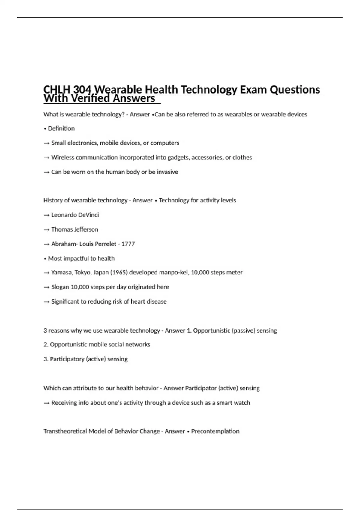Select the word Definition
[x=61, y=128]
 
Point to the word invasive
[x=167, y=172]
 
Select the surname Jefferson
[x=86, y=229]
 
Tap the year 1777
[x=128, y=244]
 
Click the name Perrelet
[x=105, y=244]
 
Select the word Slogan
[x=60, y=287]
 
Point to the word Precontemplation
[x=215, y=431]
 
